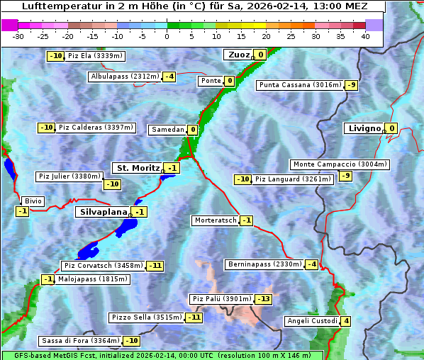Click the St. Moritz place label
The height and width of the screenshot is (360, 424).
138,168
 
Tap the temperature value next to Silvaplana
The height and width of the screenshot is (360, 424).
140,212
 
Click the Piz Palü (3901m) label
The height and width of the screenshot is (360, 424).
221,299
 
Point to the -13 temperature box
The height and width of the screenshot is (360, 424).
263,299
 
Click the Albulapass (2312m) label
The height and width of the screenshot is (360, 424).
125,77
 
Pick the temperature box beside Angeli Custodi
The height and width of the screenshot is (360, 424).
345,321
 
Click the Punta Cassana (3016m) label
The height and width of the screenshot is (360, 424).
300,85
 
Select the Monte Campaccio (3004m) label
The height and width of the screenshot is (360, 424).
340,164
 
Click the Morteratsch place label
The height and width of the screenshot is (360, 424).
216,220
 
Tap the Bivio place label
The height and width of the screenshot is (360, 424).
33,201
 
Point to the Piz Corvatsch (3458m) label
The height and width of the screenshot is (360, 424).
103,266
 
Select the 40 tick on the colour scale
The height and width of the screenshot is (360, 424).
365,35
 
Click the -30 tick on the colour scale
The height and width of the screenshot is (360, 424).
18,35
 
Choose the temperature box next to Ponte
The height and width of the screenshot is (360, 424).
230,81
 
